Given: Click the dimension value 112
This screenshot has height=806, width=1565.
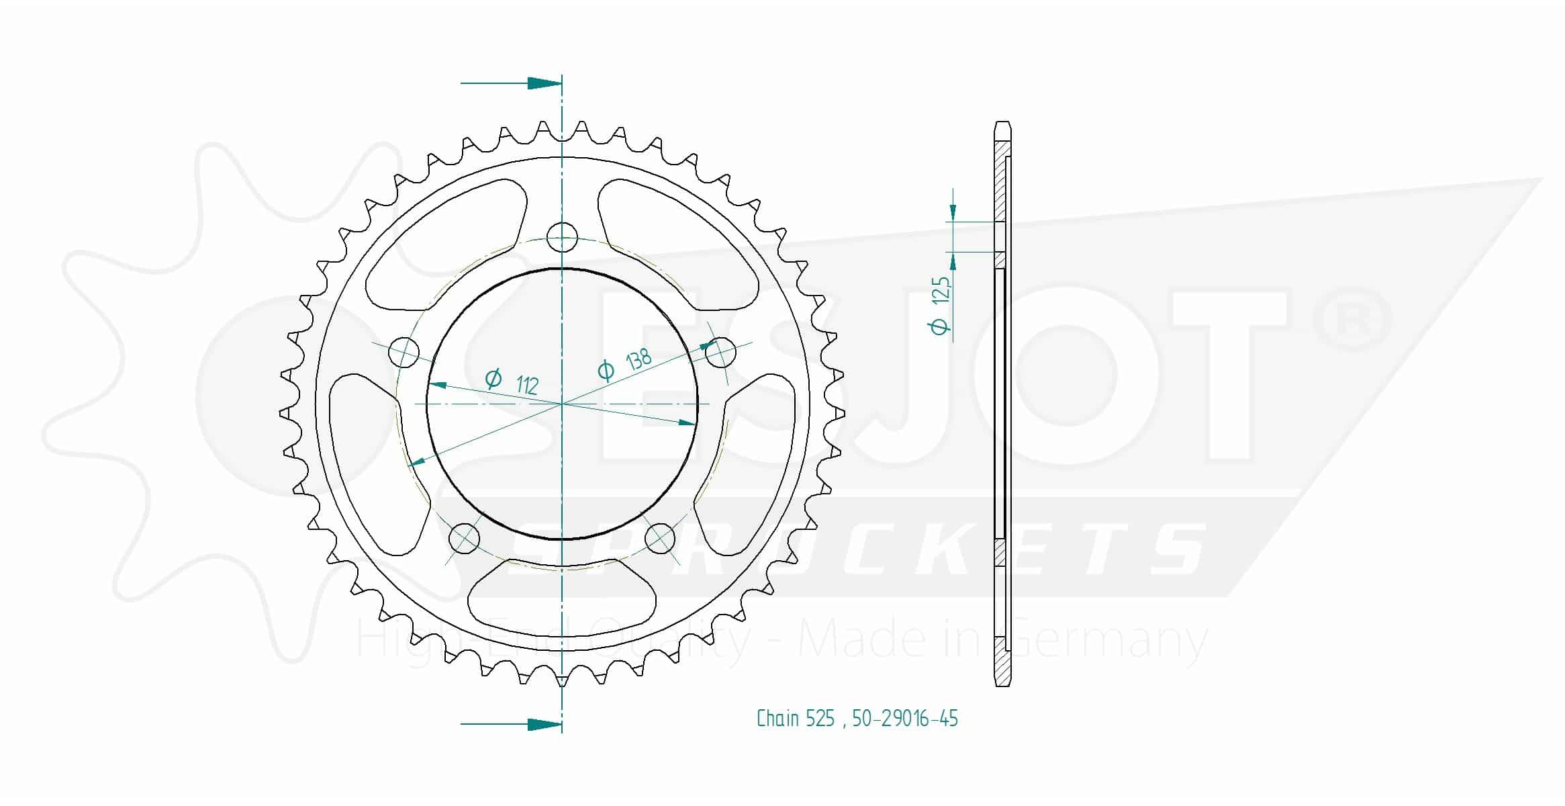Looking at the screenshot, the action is coord(528,385).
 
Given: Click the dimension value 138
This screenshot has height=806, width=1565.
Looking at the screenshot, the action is coord(638,359).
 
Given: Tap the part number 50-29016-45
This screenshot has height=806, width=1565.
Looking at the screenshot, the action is coord(905,719).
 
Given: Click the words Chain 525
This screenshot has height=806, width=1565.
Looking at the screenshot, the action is coord(796,719).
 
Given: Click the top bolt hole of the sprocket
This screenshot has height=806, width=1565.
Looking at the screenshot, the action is coord(562,236).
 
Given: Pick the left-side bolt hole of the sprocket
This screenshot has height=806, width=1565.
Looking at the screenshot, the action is coord(404,351).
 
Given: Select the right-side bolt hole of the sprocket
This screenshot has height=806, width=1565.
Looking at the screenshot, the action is coord(720,351).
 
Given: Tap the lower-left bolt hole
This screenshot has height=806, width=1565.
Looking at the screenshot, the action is coord(464,538).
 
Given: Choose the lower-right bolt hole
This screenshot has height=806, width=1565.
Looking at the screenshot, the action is coord(660,538).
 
